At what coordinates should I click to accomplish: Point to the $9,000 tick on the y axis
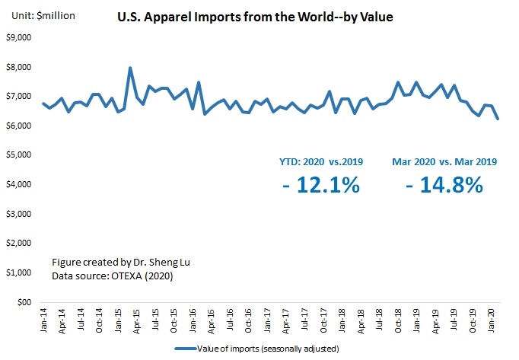click(19, 38)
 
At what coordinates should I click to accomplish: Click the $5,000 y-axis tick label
click(19, 155)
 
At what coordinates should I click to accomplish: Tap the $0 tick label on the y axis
click(24, 302)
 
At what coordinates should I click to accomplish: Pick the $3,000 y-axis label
click(19, 214)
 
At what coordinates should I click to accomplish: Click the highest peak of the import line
click(130, 68)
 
